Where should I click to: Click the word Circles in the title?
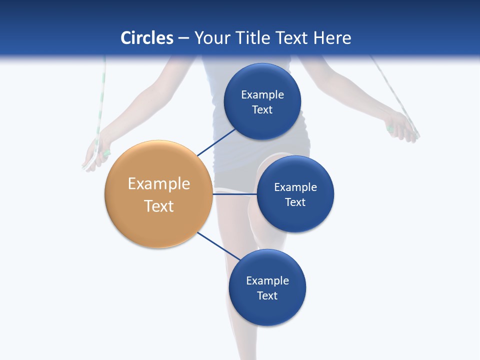[147, 38]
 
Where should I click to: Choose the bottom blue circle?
[267, 310]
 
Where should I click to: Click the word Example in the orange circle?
[159, 184]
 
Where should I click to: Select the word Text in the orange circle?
[159, 206]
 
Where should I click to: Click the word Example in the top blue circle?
[262, 95]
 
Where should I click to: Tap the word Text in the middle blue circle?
[295, 202]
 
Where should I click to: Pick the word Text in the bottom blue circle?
[267, 295]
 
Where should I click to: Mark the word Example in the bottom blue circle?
[267, 281]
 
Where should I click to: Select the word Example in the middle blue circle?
[295, 187]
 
